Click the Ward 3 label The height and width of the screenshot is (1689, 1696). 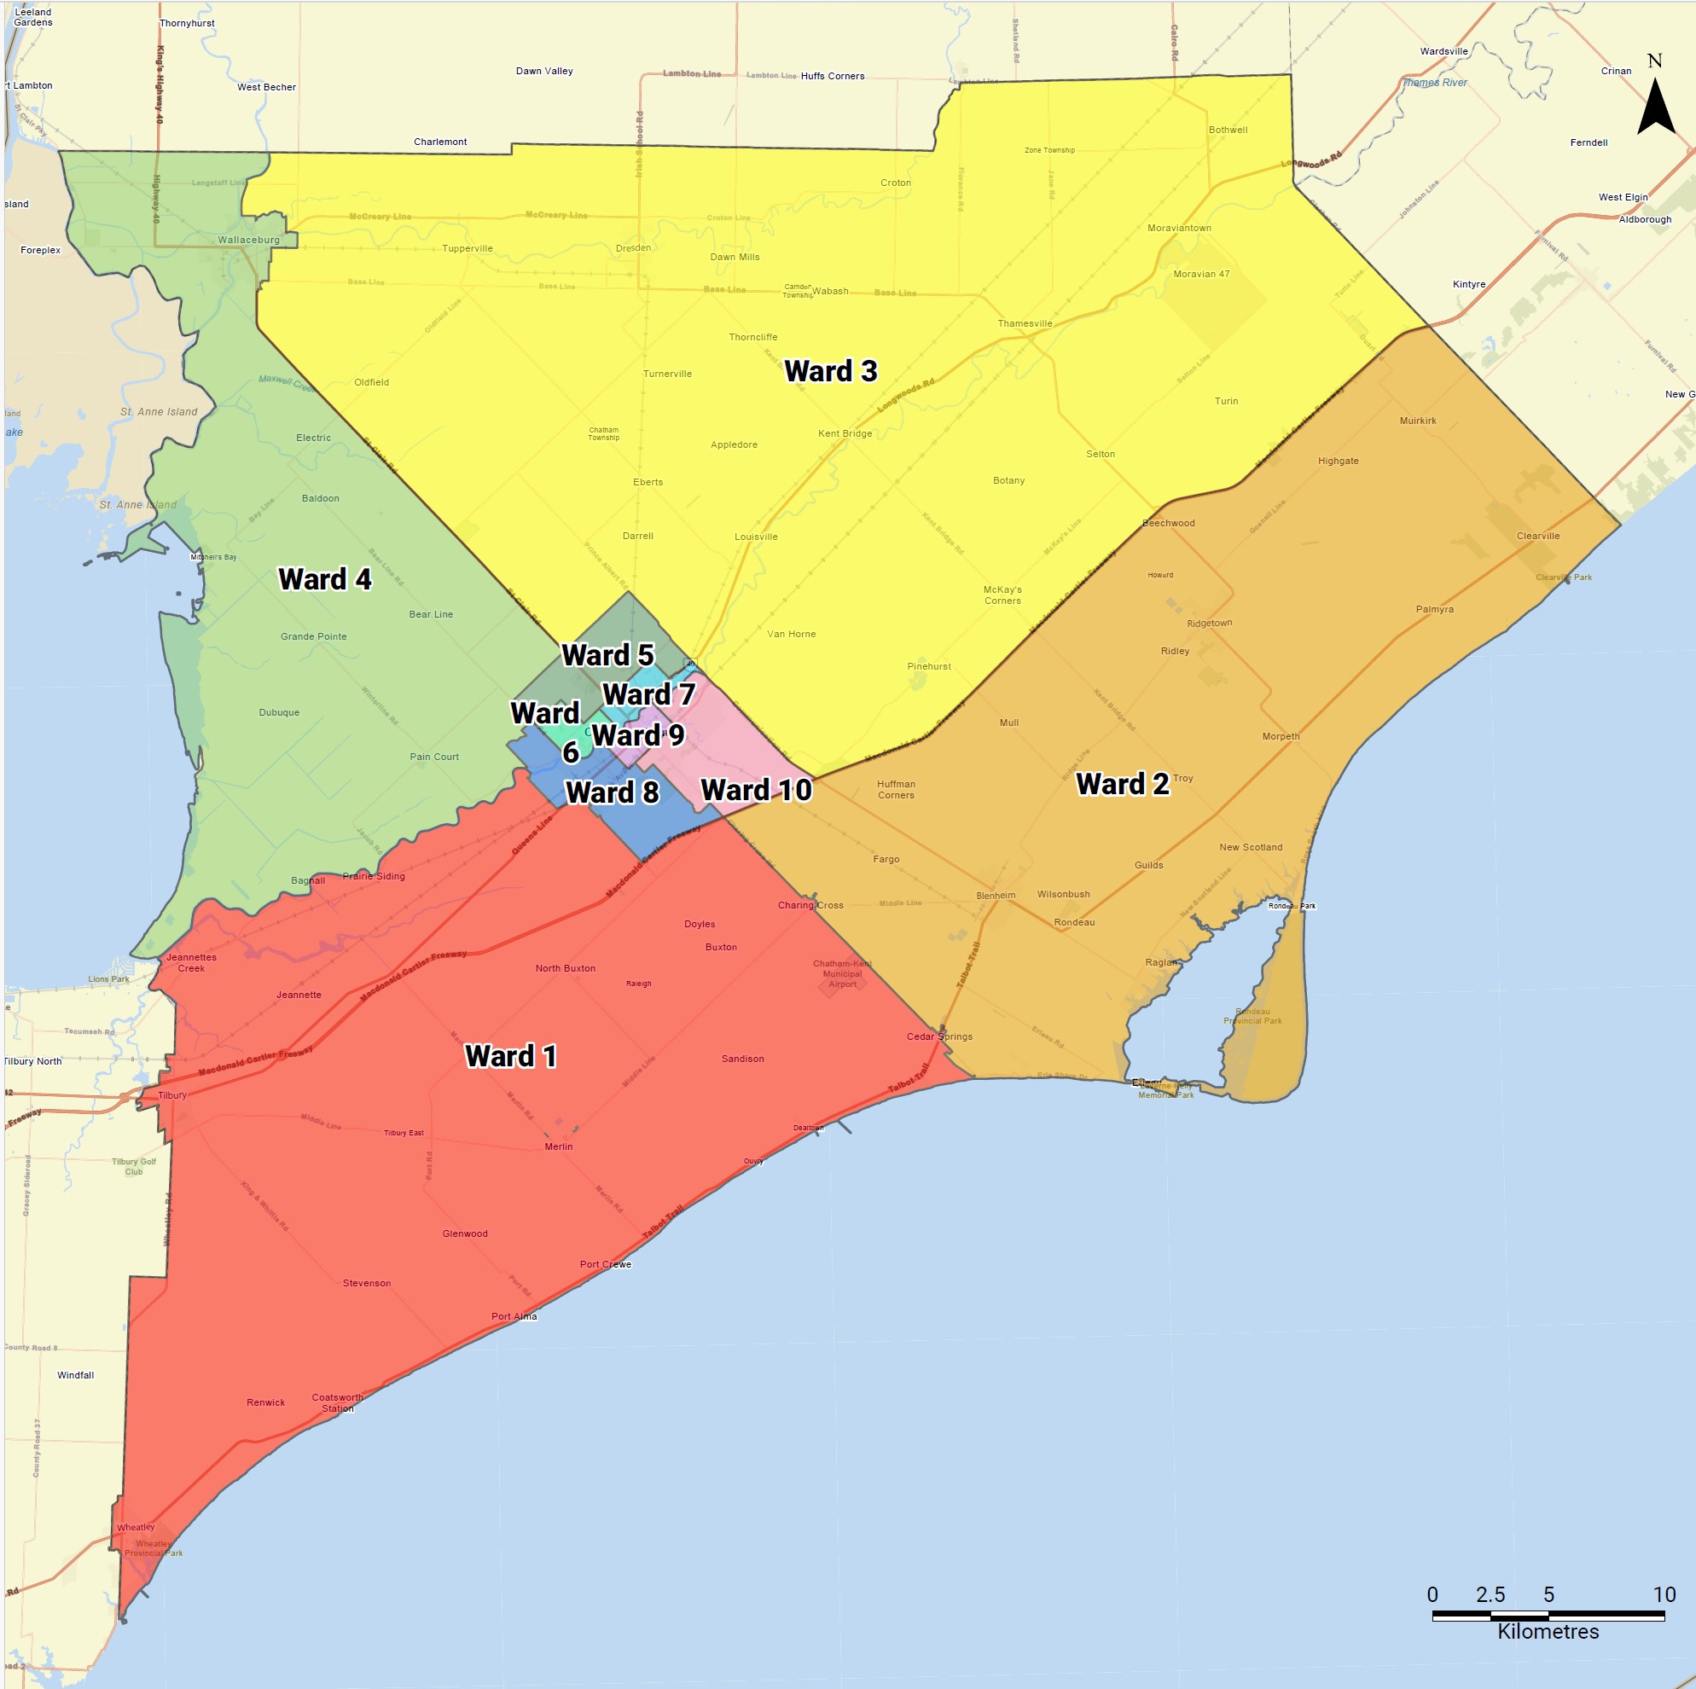click(x=830, y=371)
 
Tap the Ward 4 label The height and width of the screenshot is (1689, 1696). click(x=325, y=579)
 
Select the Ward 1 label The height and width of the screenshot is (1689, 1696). click(x=511, y=1055)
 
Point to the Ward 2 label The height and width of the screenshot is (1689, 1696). click(x=1122, y=784)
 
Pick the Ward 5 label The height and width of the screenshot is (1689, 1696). click(x=607, y=655)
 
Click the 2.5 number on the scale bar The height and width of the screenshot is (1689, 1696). click(x=1490, y=1594)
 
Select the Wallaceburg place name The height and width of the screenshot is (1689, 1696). click(x=248, y=240)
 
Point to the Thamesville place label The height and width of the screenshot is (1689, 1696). click(x=1025, y=324)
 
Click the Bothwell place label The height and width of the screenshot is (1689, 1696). click(x=1228, y=130)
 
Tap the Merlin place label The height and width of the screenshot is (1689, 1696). click(x=558, y=1146)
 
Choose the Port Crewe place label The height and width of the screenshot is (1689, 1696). click(x=605, y=1264)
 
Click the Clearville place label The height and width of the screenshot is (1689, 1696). click(x=1538, y=536)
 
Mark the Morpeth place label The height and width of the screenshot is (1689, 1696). click(x=1281, y=736)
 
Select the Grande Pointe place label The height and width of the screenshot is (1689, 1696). click(x=313, y=636)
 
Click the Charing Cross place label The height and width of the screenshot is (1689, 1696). click(x=810, y=905)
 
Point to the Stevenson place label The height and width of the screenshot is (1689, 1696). click(x=367, y=1284)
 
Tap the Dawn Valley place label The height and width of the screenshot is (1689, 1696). click(x=544, y=71)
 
